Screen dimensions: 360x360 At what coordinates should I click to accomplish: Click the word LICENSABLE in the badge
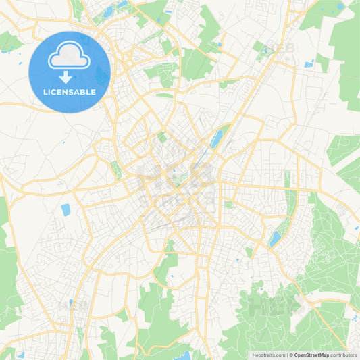[x=70, y=92]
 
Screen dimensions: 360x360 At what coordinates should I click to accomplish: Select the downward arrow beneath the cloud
[x=70, y=77]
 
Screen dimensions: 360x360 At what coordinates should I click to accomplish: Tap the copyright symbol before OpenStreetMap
[x=291, y=355]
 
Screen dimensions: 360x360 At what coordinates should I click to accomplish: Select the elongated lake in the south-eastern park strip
[x=275, y=238]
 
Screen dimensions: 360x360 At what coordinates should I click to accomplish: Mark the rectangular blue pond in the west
[x=66, y=210]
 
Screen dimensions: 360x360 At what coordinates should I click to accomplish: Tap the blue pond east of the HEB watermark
[x=309, y=64]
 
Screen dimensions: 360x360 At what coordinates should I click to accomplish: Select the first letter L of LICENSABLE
[x=45, y=92]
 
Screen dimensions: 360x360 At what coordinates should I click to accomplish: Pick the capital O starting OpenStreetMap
[x=297, y=355]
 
